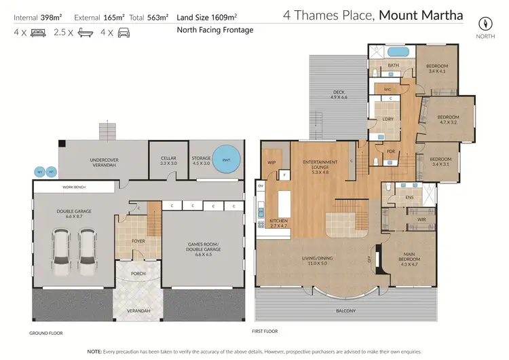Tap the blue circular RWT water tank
point(223,160)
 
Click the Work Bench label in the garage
point(73,187)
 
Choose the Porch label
point(138,275)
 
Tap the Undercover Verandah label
point(105,163)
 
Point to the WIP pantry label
point(271,162)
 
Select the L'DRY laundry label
point(388,120)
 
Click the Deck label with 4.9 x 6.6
point(339,94)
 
